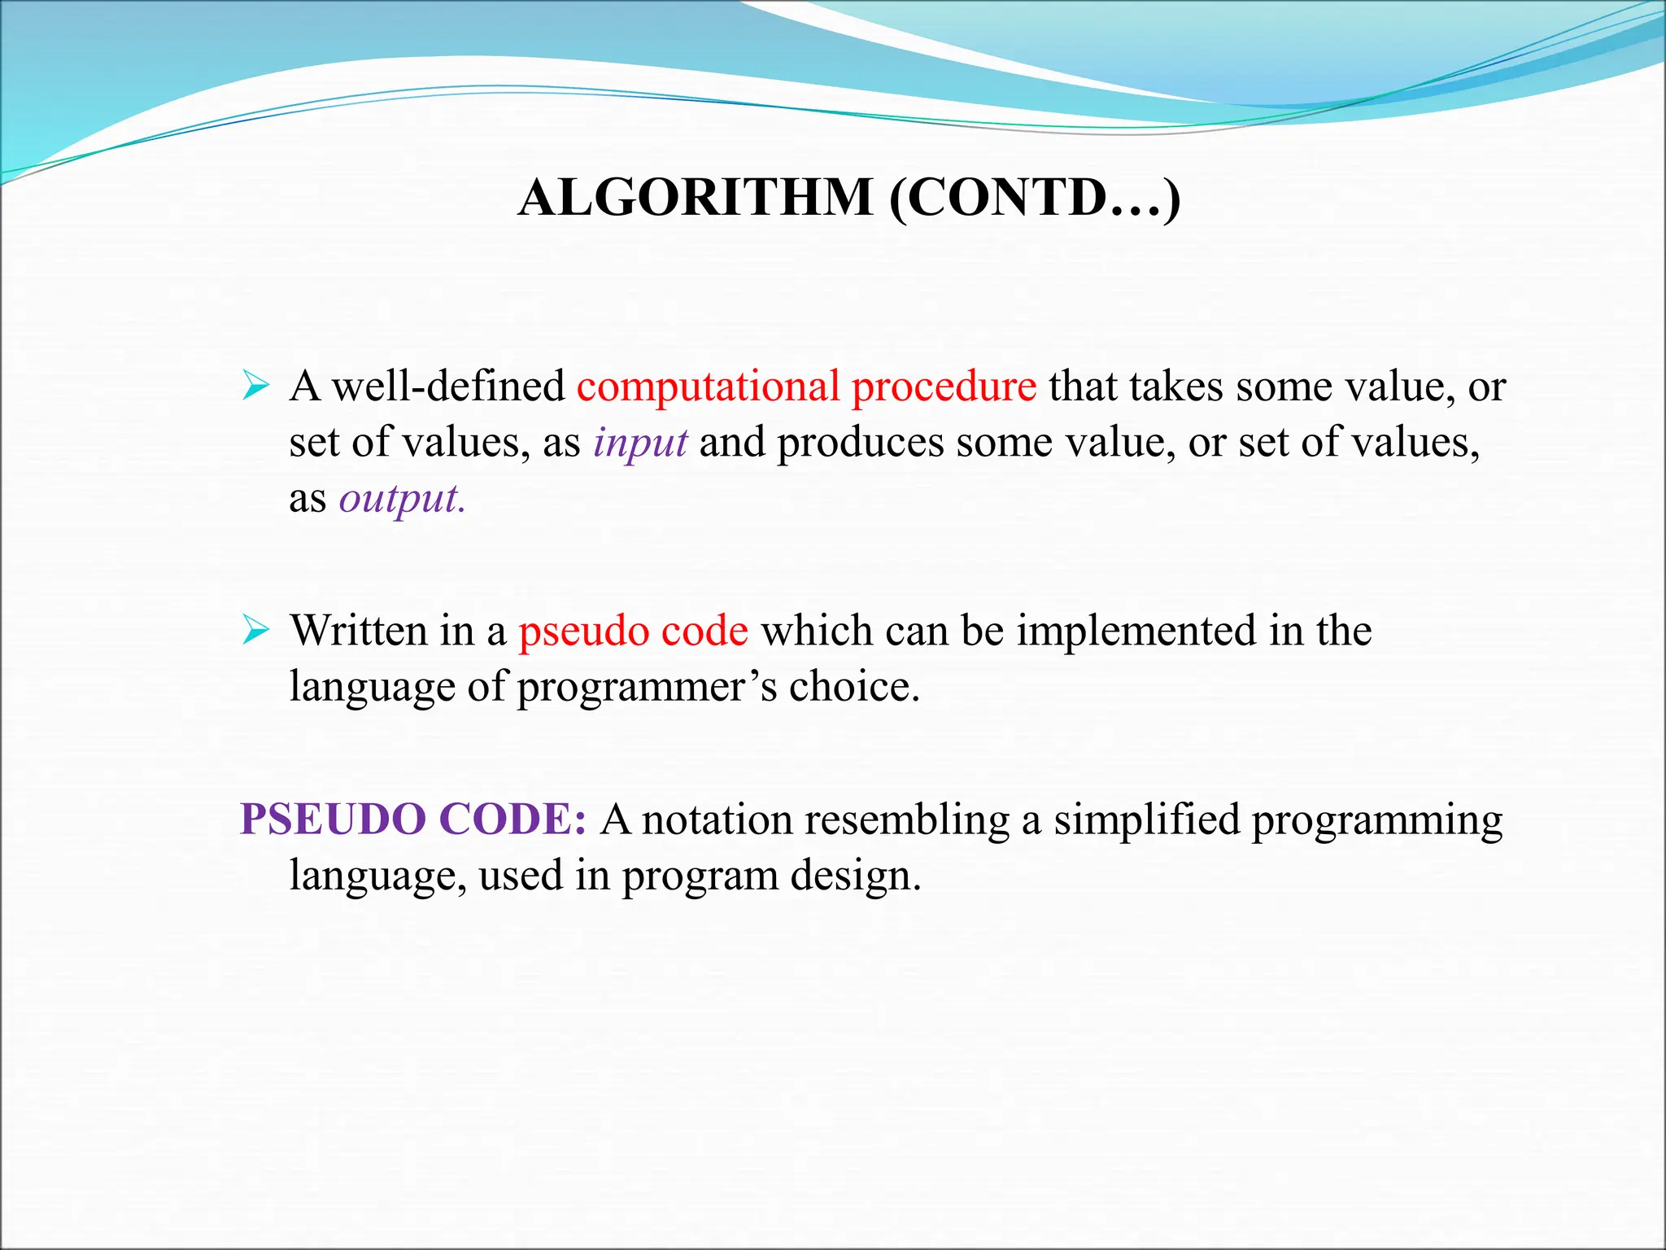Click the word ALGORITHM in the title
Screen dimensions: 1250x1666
coord(696,198)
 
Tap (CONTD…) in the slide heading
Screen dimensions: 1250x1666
coord(1035,198)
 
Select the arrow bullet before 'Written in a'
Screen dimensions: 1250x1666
coord(255,630)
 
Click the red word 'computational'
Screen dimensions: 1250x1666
coord(708,387)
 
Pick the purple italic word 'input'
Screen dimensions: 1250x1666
coord(640,444)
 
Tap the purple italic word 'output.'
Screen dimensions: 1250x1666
coord(402,500)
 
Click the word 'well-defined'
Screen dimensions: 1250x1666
coord(448,386)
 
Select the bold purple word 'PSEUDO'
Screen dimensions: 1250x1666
coord(333,819)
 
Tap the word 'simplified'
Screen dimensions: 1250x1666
coord(1147,820)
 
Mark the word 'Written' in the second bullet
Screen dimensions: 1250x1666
coord(359,632)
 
